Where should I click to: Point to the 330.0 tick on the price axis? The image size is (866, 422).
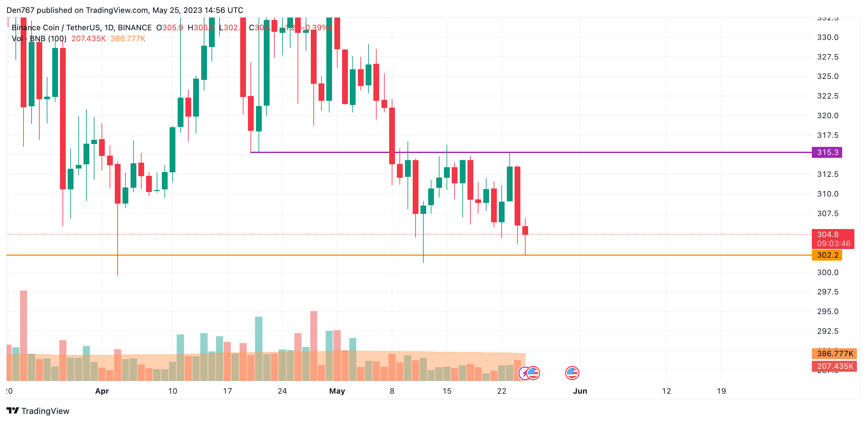(x=827, y=37)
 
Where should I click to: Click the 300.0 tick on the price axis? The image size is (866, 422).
(x=827, y=272)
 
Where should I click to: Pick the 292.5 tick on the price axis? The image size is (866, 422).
(x=827, y=331)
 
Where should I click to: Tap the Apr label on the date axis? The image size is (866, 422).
(x=102, y=391)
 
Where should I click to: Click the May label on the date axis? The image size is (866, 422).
(x=337, y=391)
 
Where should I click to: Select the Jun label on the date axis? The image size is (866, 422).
(x=580, y=391)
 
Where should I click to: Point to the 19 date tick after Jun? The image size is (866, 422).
(x=721, y=391)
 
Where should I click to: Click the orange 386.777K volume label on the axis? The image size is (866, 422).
(x=835, y=353)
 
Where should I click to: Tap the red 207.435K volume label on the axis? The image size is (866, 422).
(x=835, y=366)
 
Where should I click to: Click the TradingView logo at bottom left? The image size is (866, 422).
(x=38, y=411)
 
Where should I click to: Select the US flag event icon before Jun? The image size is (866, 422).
(x=572, y=373)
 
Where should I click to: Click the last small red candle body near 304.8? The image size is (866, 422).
(x=525, y=230)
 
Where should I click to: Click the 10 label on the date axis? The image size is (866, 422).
(x=172, y=391)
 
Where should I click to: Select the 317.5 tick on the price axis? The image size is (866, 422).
(x=827, y=135)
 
